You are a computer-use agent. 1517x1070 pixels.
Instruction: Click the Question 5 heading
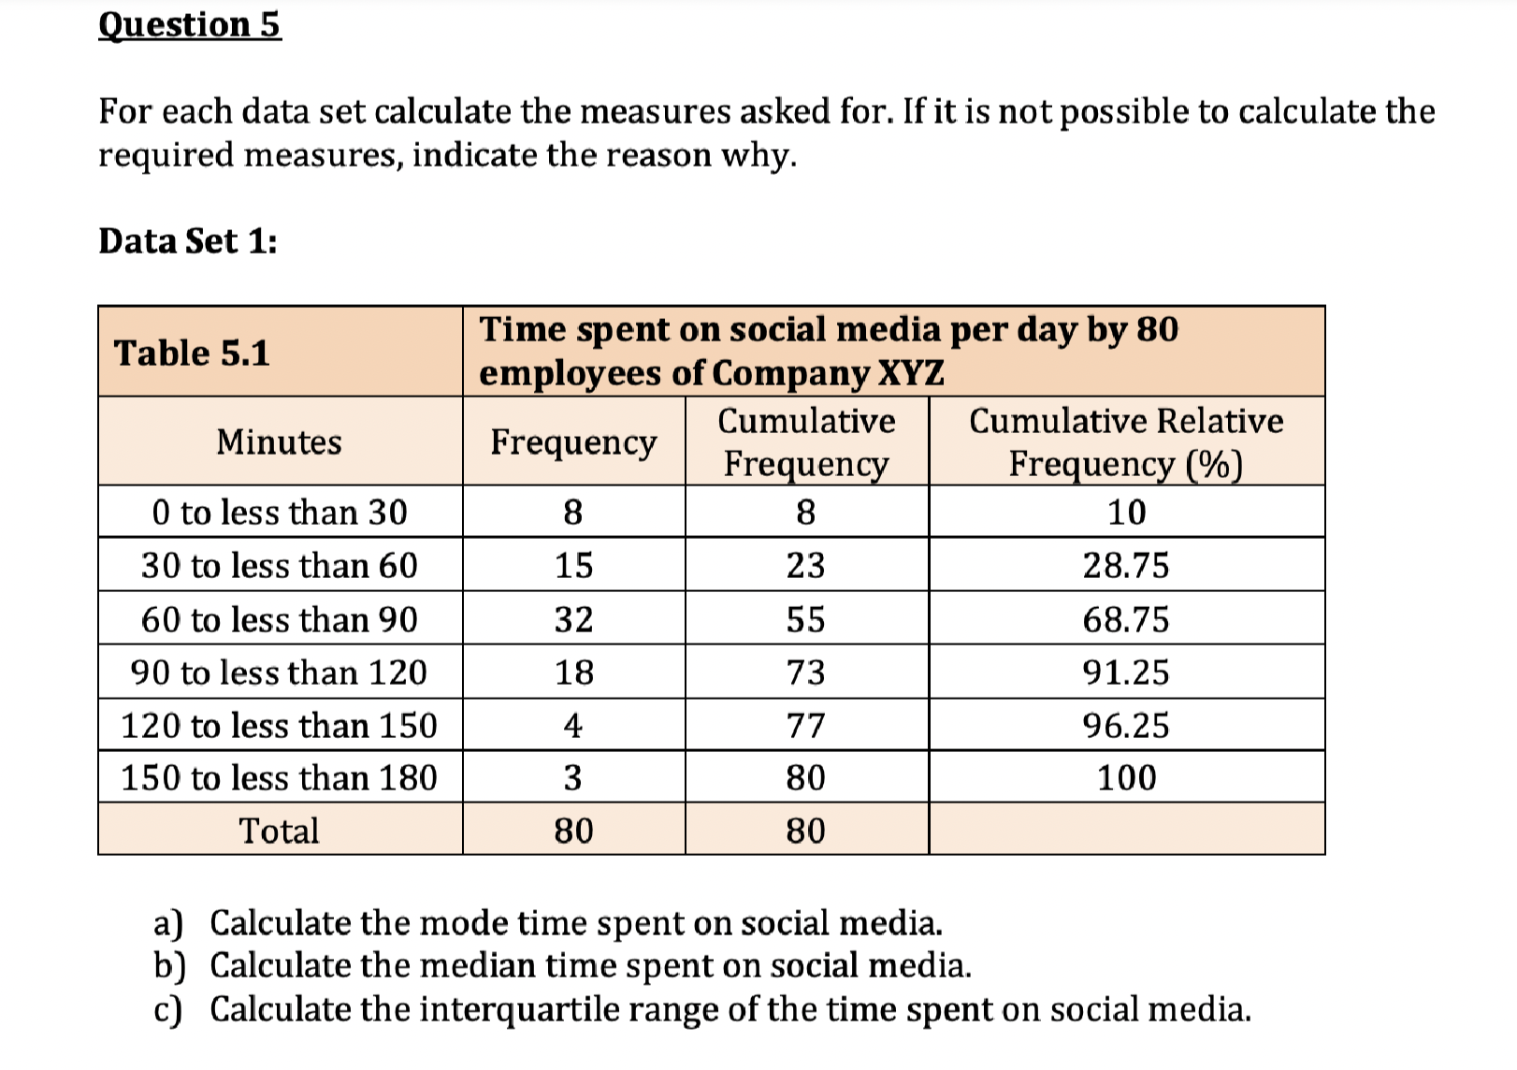pyautogui.click(x=189, y=25)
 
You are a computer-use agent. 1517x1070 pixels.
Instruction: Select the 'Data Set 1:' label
pyautogui.click(x=188, y=241)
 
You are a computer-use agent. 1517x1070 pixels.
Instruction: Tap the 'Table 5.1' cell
pyautogui.click(x=192, y=354)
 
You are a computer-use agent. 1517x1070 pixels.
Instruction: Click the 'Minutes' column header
pyautogui.click(x=279, y=441)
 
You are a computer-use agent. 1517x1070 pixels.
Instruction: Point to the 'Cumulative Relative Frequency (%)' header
pyautogui.click(x=1126, y=441)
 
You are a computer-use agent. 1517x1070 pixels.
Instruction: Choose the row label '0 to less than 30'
pyautogui.click(x=279, y=513)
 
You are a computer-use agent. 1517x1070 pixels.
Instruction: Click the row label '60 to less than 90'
pyautogui.click(x=279, y=619)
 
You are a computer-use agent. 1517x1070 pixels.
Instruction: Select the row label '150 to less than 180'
pyautogui.click(x=279, y=778)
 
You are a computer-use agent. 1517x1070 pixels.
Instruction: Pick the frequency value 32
pyautogui.click(x=573, y=619)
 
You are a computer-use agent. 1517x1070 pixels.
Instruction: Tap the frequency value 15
pyautogui.click(x=573, y=566)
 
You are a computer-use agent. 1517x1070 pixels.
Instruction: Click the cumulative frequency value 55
pyautogui.click(x=805, y=619)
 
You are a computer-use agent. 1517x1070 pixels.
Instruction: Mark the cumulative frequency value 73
pyautogui.click(x=805, y=672)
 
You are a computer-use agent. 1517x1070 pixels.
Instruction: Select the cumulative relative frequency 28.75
pyautogui.click(x=1126, y=566)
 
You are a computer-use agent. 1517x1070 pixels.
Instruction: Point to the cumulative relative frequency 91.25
pyautogui.click(x=1126, y=672)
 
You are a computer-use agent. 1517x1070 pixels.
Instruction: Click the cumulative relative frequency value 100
pyautogui.click(x=1126, y=778)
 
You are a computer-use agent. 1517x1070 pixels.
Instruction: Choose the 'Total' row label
pyautogui.click(x=279, y=831)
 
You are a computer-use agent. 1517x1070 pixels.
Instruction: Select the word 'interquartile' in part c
pyautogui.click(x=519, y=1009)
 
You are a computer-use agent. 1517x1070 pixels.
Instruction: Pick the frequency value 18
pyautogui.click(x=573, y=672)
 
